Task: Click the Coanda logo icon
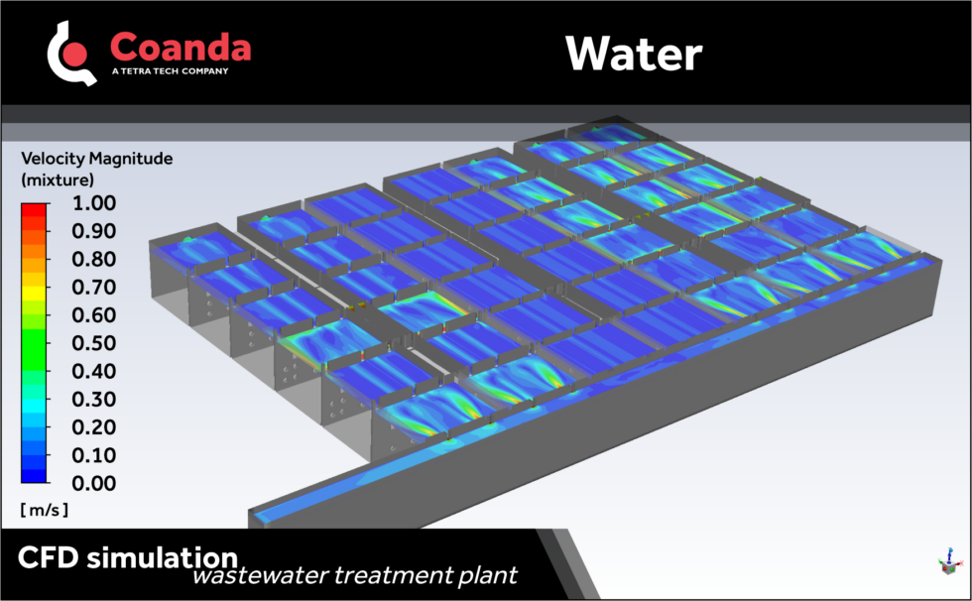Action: point(71,52)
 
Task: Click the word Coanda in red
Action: point(181,47)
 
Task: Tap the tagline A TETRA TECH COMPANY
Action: point(170,71)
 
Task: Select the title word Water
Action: point(633,54)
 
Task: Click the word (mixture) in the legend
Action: point(58,180)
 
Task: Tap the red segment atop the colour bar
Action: point(34,209)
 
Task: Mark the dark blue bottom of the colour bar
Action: point(34,476)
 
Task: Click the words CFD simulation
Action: point(127,556)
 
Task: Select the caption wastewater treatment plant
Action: point(354,575)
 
